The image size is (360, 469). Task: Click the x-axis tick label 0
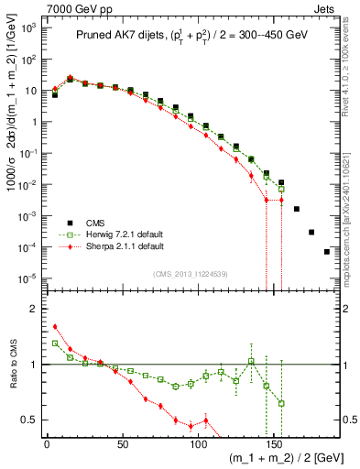pyautogui.click(x=47, y=444)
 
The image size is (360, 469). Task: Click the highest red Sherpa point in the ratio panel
pyautogui.click(x=55, y=326)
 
